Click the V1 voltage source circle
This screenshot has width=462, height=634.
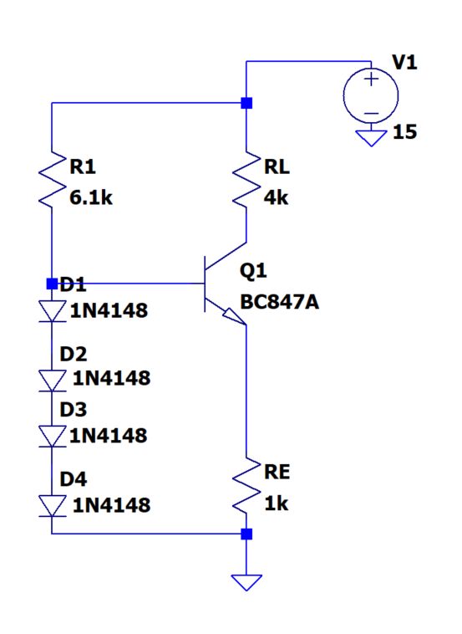pyautogui.click(x=370, y=93)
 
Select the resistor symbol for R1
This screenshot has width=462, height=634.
pyautogui.click(x=52, y=179)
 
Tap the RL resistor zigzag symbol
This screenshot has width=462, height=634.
pyautogui.click(x=246, y=179)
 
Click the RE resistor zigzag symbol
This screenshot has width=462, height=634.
pyautogui.click(x=246, y=486)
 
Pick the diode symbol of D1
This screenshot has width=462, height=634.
pyautogui.click(x=52, y=310)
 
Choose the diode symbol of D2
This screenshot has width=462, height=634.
pyautogui.click(x=52, y=379)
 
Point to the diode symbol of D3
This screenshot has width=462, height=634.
pyautogui.click(x=52, y=436)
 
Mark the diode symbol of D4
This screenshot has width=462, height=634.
pyautogui.click(x=52, y=505)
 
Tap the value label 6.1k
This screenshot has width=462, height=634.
pyautogui.click(x=90, y=201)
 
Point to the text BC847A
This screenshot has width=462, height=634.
pyautogui.click(x=279, y=302)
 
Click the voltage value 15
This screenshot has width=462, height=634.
pyautogui.click(x=405, y=133)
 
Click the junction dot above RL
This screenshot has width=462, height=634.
pyautogui.click(x=246, y=103)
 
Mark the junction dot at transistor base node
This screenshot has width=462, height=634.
pyautogui.click(x=52, y=284)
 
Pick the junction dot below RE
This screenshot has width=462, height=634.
pyautogui.click(x=246, y=533)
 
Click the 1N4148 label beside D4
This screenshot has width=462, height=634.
pyautogui.click(x=110, y=505)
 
